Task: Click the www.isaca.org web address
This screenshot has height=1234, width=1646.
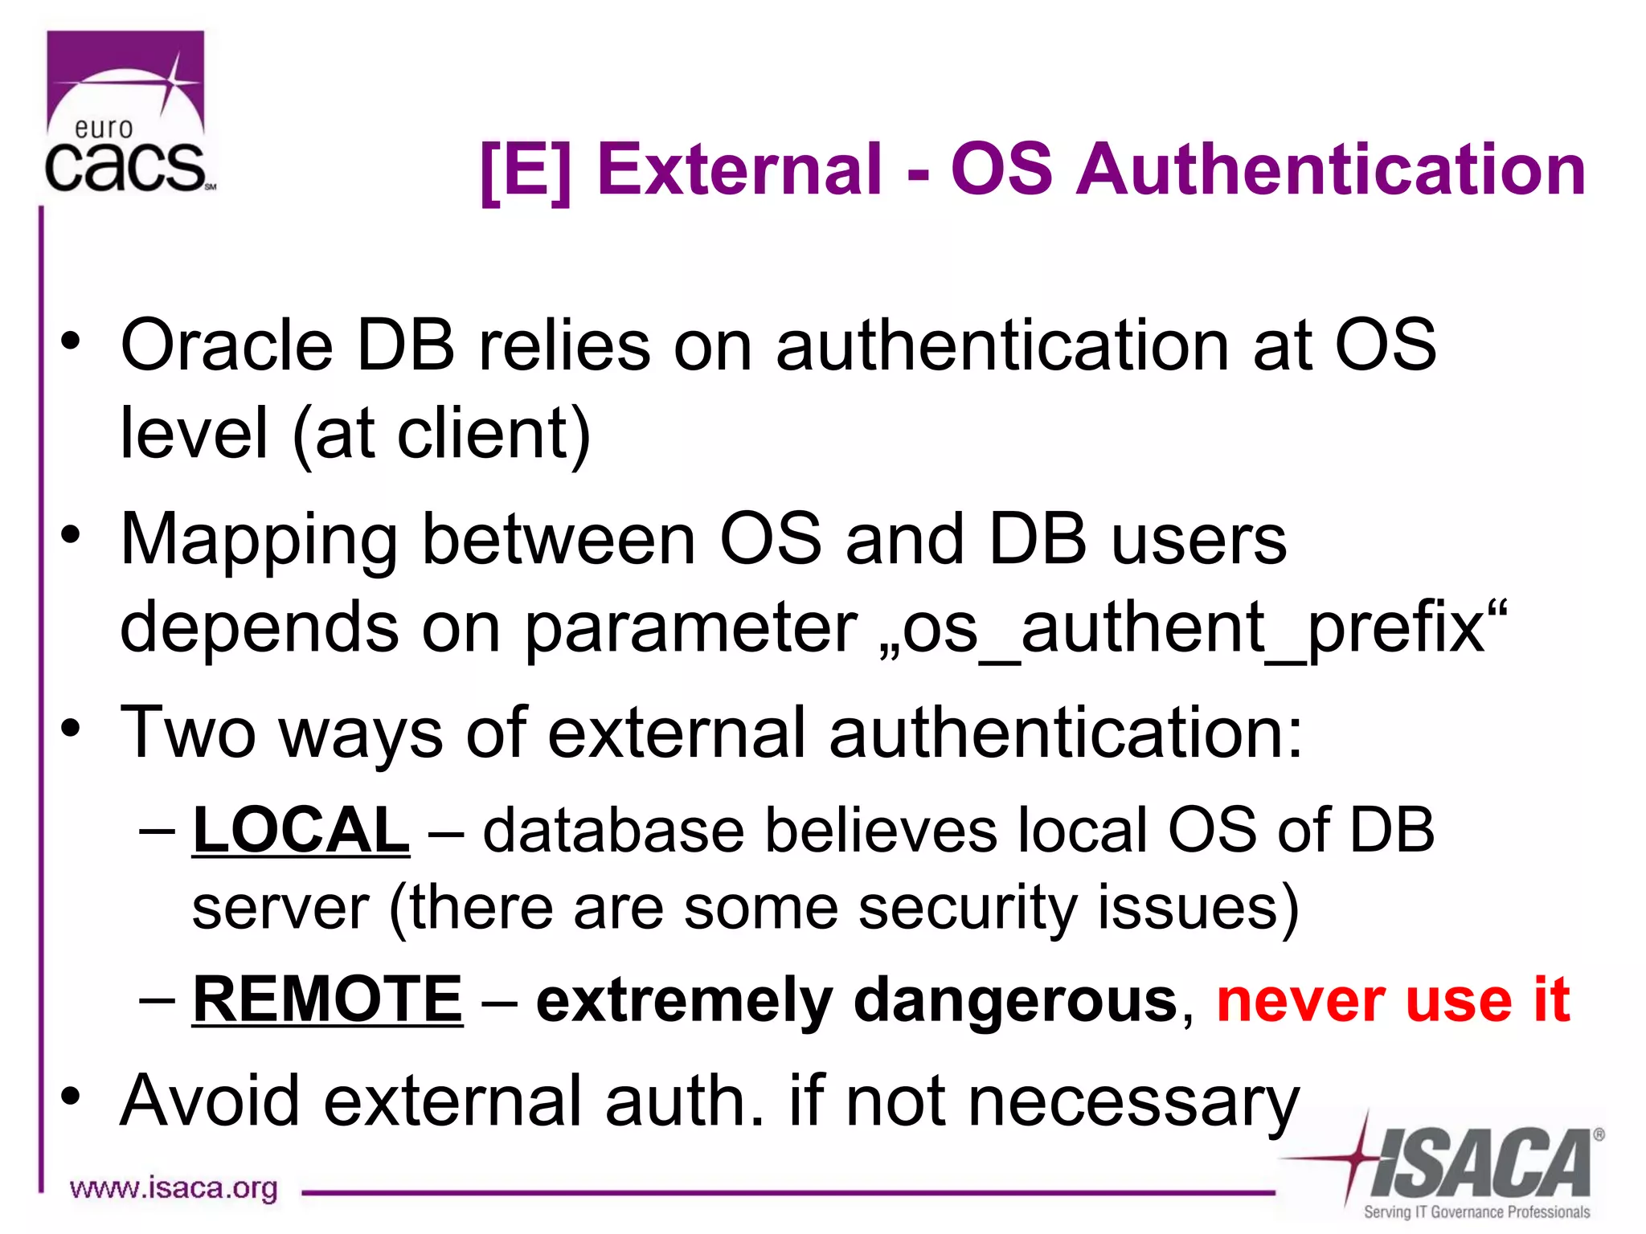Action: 174,1187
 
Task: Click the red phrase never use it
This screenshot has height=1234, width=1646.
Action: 1393,999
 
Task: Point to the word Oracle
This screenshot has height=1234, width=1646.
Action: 226,345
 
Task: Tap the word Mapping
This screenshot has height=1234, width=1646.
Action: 259,539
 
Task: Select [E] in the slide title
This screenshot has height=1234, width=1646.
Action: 525,170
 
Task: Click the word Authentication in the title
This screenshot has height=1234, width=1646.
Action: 1331,170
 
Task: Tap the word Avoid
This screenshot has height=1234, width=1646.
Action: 210,1101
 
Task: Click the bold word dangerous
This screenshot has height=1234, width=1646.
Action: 1015,1001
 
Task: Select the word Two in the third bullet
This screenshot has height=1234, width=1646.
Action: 188,732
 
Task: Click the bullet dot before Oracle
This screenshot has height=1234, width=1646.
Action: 71,341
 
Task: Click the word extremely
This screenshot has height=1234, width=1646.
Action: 684,1001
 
